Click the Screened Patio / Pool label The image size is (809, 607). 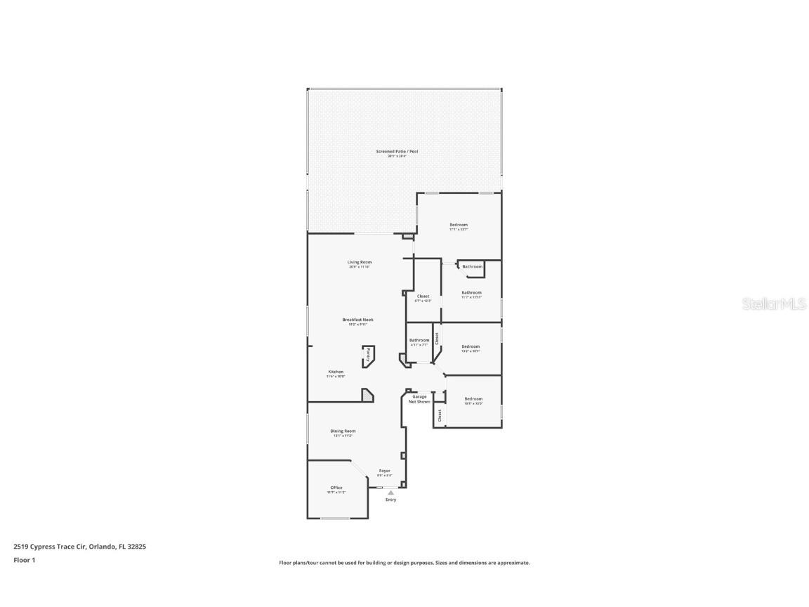[397, 151]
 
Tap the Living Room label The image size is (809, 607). [359, 262]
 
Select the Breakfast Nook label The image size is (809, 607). [358, 320]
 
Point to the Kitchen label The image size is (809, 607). [336, 372]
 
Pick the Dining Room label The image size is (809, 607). [343, 431]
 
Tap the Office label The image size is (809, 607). [336, 488]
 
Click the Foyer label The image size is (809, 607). [385, 471]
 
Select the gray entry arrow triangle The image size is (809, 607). [390, 493]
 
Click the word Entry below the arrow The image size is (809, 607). [390, 500]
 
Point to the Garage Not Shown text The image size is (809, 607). [419, 399]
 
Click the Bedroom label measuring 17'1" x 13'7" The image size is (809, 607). [459, 225]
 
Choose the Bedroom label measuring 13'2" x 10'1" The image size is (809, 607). [471, 346]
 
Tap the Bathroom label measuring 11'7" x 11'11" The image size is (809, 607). [471, 292]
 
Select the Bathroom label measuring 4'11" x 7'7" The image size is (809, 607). [419, 341]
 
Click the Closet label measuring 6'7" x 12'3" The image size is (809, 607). [423, 296]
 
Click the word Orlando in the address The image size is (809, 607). [103, 546]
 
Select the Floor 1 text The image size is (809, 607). [24, 560]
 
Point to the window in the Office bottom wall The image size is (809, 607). [336, 518]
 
